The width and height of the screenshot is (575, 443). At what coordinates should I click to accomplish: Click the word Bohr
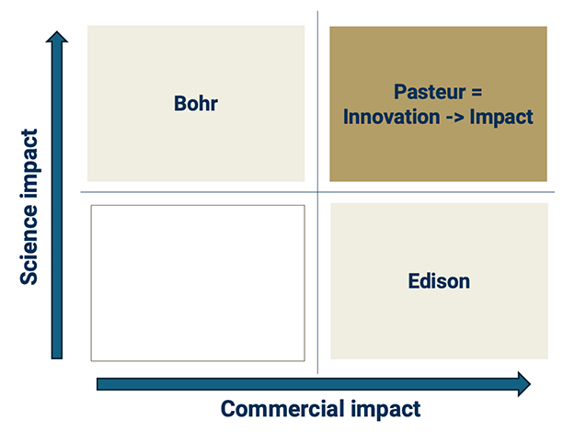[x=196, y=103]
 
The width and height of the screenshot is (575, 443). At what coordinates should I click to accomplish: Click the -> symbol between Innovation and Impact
[x=456, y=117]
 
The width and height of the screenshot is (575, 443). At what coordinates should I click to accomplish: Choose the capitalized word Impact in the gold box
[x=502, y=117]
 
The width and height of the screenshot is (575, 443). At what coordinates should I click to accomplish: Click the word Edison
[x=439, y=281]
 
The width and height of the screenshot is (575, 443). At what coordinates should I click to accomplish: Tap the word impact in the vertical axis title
[x=29, y=161]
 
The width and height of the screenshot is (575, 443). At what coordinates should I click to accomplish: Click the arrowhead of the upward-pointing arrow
[x=57, y=38]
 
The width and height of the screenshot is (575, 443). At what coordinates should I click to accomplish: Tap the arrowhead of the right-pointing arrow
[x=523, y=383]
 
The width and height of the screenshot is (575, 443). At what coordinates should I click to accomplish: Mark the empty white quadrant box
[x=197, y=282]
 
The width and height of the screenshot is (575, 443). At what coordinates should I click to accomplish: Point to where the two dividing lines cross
[x=317, y=192]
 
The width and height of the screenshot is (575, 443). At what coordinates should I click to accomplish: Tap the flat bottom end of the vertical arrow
[x=57, y=356]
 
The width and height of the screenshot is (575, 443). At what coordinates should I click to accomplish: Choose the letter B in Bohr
[x=179, y=103]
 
